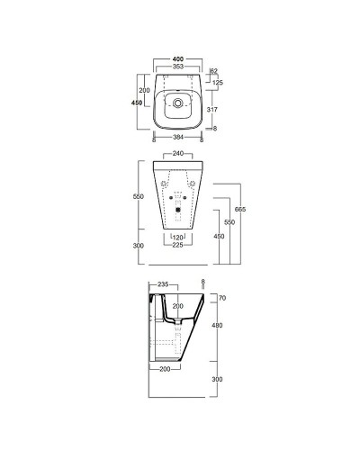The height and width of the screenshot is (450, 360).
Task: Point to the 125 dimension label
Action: coord(217,83)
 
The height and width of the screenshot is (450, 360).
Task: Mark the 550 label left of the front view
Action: coord(139,195)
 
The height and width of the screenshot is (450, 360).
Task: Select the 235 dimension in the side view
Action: coord(163,283)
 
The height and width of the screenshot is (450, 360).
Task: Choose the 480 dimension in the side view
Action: coord(217,326)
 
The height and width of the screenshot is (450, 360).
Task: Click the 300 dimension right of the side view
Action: coord(217,379)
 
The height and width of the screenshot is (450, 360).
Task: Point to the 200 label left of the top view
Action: coord(143,91)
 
